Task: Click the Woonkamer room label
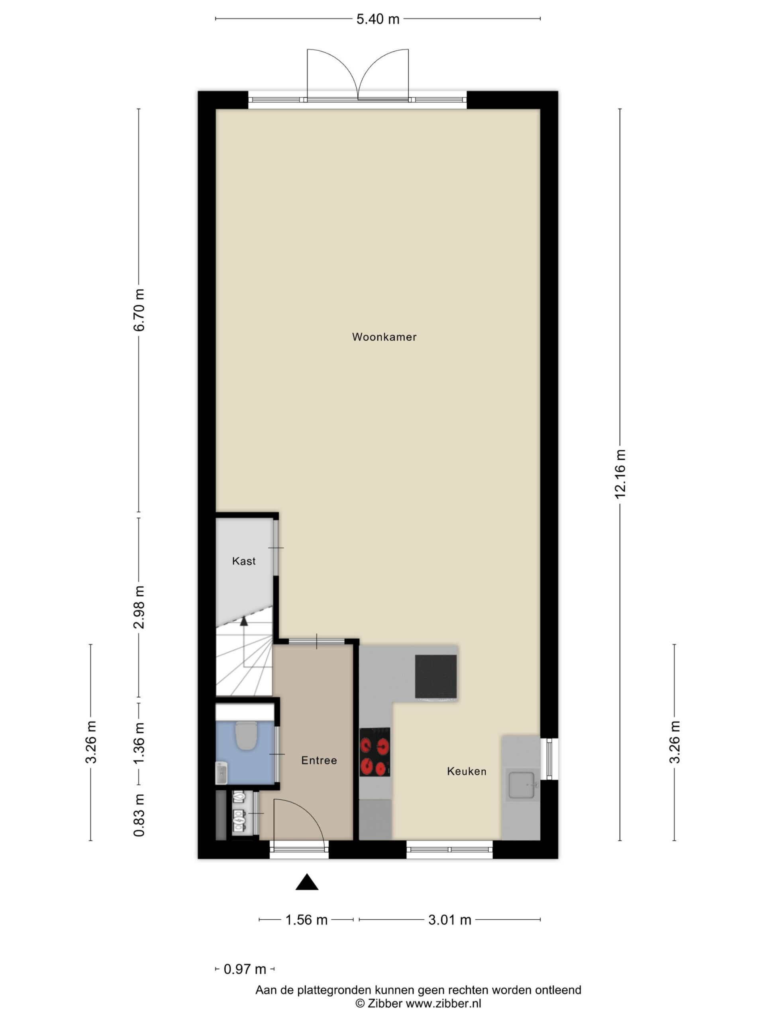coord(384,337)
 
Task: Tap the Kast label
coord(243,561)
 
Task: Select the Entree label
coord(319,760)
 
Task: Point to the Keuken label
coord(467,771)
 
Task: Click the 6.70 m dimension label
coord(139,310)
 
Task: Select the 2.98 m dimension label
coord(139,607)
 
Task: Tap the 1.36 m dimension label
coord(139,743)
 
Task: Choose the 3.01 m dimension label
coord(449,920)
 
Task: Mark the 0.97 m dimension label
coord(245,969)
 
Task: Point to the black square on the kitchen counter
coord(436,677)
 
